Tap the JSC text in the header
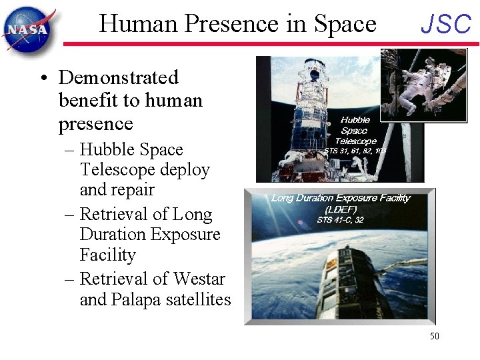coord(446,25)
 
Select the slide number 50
coord(434,336)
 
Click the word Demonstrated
coord(119,77)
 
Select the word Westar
coord(199,279)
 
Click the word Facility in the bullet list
coord(107,255)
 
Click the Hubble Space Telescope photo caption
coord(355,131)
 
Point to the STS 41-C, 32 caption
coord(340,219)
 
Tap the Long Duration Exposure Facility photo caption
coord(341,197)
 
